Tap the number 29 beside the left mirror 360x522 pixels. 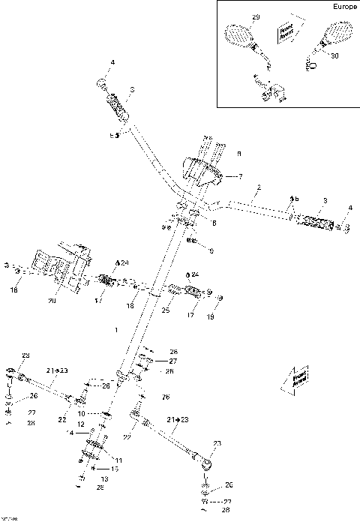click(256, 16)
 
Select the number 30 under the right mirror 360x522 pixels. click(334, 56)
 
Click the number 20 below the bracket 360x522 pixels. click(51, 301)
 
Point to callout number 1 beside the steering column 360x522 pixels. click(115, 329)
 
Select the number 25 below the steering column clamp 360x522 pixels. click(165, 309)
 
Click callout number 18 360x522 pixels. click(130, 307)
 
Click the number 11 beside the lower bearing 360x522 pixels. click(117, 458)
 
